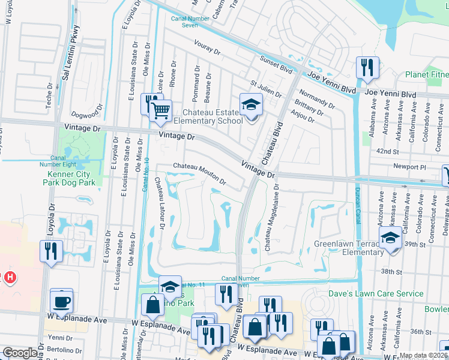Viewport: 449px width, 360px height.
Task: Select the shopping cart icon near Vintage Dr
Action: pos(160,111)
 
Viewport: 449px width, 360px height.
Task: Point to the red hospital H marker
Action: pos(10,277)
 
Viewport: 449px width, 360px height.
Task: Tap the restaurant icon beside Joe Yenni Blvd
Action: pos(366,68)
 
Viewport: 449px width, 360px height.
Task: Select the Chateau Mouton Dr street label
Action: pos(199,173)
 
